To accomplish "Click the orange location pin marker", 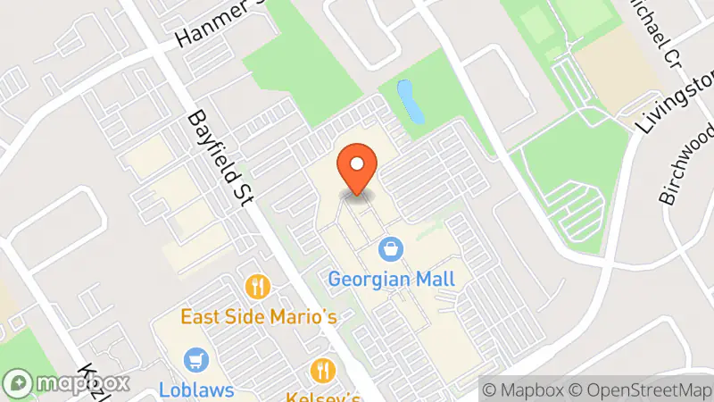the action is tap(357, 170).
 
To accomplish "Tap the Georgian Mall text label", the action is tap(392, 279).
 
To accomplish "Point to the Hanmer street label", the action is tap(215, 25).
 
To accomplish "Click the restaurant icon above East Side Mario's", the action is tap(258, 287).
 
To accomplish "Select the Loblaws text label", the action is tap(196, 389).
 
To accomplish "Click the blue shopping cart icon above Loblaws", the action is tap(195, 361).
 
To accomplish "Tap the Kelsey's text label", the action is tap(323, 394).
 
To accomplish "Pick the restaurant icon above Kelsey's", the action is tap(322, 369).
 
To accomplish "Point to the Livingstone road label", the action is tap(673, 103).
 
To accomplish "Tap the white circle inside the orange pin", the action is tap(357, 163).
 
